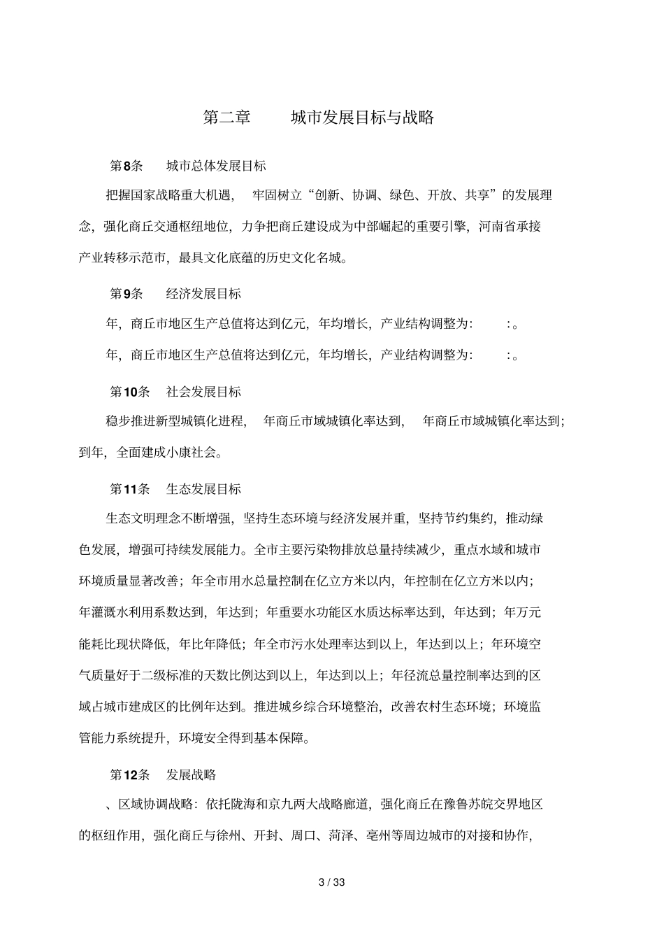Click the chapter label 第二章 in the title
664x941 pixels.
(226, 118)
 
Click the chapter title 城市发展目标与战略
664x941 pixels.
(362, 118)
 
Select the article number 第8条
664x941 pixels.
(127, 166)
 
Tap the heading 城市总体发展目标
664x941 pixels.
(216, 166)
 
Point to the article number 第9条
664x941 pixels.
(127, 293)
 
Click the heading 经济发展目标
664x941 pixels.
(203, 293)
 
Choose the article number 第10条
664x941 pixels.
(130, 391)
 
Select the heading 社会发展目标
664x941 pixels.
(203, 391)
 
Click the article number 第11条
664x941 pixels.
(130, 489)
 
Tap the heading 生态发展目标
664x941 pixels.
(203, 489)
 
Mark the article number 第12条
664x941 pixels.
(130, 774)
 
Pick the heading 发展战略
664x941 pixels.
(191, 774)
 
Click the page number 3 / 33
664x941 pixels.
(332, 882)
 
